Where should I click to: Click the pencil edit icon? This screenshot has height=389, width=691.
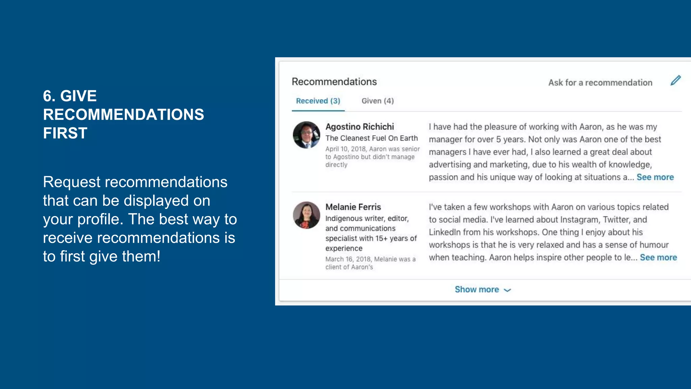[675, 81]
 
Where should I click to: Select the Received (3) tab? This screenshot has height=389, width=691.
[318, 101]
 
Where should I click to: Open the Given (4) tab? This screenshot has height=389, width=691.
[378, 101]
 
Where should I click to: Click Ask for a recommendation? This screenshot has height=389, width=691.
[600, 83]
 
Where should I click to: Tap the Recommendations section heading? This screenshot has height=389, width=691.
[334, 82]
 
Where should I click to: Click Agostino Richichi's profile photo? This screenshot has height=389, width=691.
[306, 135]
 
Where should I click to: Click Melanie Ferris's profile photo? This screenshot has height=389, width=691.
[306, 215]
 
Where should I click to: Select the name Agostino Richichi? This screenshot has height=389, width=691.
[359, 127]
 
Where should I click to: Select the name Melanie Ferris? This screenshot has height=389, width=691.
[353, 207]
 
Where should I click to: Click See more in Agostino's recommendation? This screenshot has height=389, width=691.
[655, 177]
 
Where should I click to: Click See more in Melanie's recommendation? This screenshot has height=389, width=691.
[658, 258]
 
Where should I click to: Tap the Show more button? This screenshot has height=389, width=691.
[477, 290]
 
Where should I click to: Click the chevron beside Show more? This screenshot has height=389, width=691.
[507, 290]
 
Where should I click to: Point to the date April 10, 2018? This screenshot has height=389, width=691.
[345, 149]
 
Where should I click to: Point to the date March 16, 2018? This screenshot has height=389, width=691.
[348, 259]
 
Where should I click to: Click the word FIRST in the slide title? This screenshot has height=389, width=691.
[65, 133]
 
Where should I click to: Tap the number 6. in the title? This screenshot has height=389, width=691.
[49, 96]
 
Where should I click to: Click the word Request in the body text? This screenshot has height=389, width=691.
[72, 182]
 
